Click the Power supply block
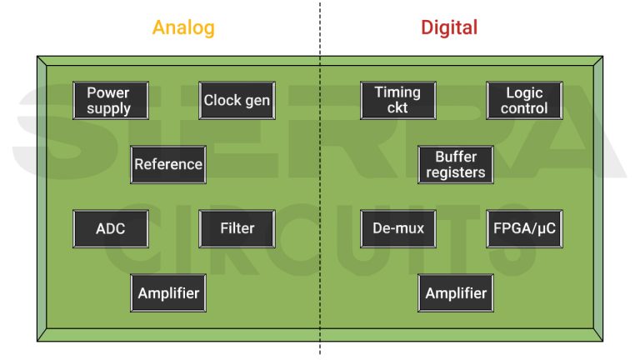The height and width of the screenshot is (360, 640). pos(110,100)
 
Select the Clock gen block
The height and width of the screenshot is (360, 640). pos(237,100)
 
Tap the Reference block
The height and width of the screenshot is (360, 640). pos(168,164)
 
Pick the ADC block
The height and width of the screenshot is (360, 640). pos(110,228)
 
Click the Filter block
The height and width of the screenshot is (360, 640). pos(237,228)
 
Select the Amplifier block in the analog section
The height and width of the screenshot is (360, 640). pos(168,293)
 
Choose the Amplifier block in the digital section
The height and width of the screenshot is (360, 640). pos(456,293)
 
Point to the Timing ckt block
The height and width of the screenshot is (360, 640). pos(397,100)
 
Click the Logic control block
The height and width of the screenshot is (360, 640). pos(524,100)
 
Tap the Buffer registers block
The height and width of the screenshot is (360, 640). pos(456,164)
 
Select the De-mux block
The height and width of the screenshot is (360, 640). pos(397,228)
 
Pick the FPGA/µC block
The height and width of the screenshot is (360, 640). pos(524,228)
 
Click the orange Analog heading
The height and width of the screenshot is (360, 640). pos(183,27)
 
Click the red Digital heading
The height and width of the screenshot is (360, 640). pos(449,27)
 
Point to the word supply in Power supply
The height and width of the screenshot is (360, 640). pos(110,109)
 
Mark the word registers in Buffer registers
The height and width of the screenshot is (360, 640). pos(456,173)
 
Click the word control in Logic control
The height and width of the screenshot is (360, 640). pos(524,108)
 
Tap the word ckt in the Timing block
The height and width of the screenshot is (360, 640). pos(397,108)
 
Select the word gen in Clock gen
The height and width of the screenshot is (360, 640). pos(257,101)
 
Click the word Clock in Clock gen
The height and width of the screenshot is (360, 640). pos(222,100)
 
